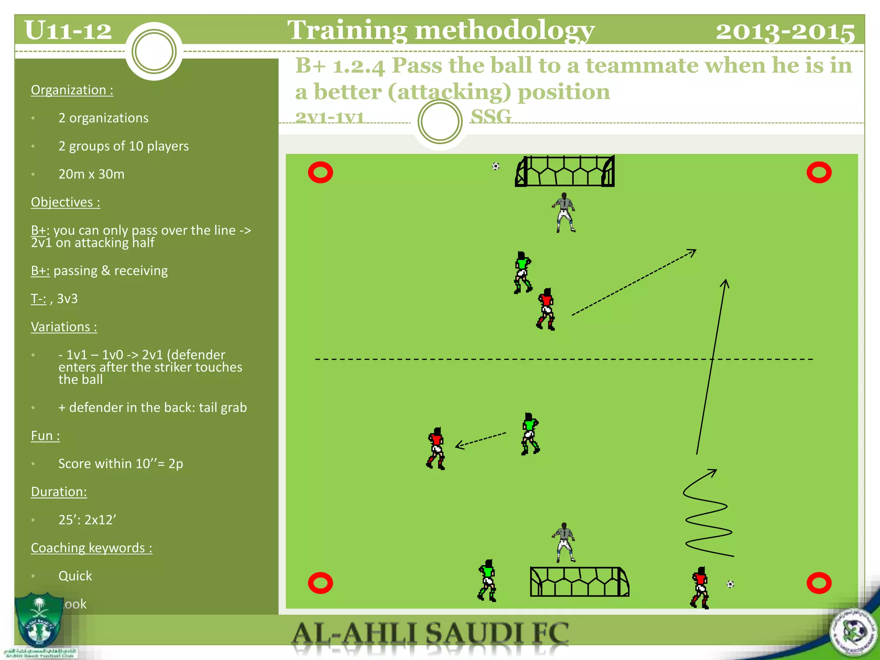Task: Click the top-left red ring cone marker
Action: point(321,173)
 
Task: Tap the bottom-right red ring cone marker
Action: point(819,583)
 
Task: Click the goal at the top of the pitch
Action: point(565,171)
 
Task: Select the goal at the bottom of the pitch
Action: point(579,582)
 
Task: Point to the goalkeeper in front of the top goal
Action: point(564,213)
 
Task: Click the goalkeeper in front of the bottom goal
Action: point(564,542)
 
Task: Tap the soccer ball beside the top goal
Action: point(496,166)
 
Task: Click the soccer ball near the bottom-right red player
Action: point(730,584)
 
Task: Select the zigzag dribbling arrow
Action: point(707,516)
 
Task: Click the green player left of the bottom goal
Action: point(487,580)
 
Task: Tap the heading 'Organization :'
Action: point(72,90)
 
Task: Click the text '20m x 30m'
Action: point(92,174)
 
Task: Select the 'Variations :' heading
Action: point(64,327)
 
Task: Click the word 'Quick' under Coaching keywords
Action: point(75,576)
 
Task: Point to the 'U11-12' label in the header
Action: point(68,31)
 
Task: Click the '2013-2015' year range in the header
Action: point(785,31)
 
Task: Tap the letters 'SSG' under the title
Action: point(491,116)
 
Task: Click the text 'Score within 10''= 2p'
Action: point(121,464)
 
